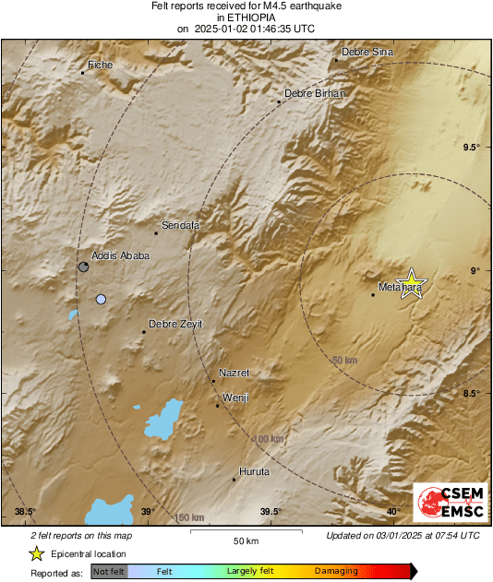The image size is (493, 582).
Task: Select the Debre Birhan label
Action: (x=314, y=93)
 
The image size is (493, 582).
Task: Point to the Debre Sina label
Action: (x=367, y=52)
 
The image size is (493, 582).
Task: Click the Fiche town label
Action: (x=100, y=65)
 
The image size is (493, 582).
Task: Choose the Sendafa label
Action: (x=180, y=225)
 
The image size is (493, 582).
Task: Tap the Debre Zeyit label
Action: (x=175, y=323)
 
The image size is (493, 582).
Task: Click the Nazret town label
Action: (x=234, y=373)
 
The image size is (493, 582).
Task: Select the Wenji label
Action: (x=234, y=398)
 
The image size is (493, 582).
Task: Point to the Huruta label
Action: (x=254, y=471)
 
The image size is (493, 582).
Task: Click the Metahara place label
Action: (x=399, y=288)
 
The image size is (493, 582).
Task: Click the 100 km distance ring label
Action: (x=269, y=439)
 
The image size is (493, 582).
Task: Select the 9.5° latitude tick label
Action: (x=471, y=148)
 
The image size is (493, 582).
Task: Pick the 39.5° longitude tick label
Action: (x=271, y=512)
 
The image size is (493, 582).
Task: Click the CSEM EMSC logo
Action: (x=445, y=505)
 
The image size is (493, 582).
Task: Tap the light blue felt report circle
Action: (x=101, y=299)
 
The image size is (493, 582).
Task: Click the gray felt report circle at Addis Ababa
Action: (x=84, y=267)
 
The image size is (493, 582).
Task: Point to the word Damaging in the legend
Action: (x=336, y=571)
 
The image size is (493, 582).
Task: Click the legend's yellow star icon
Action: (x=36, y=553)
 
